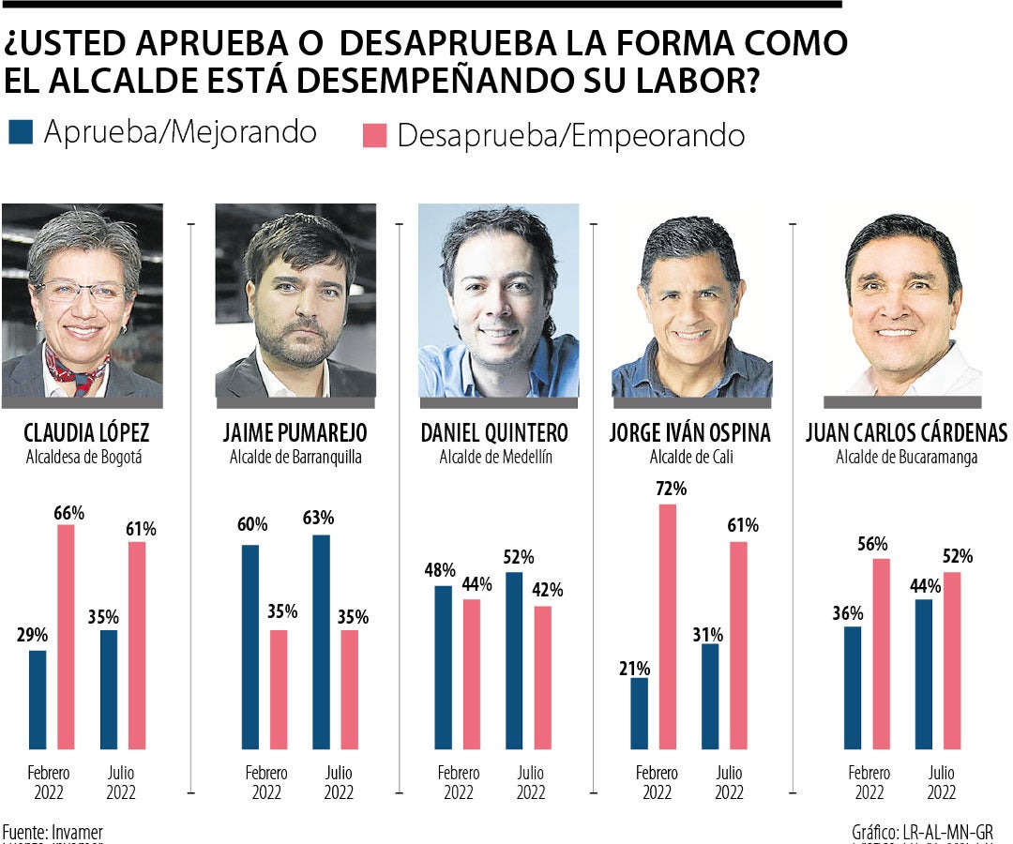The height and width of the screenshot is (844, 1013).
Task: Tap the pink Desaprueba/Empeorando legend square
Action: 374,135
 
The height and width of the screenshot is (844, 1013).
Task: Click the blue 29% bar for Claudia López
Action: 38,699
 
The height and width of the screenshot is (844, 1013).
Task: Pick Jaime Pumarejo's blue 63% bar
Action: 321,641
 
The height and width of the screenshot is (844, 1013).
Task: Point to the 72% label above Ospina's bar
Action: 673,489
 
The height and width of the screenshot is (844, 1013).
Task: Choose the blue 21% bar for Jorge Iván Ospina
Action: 639,713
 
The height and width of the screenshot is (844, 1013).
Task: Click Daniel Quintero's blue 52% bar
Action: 514,660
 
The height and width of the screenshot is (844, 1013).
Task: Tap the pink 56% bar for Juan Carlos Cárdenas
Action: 882,654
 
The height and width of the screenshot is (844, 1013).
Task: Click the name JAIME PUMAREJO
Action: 295,433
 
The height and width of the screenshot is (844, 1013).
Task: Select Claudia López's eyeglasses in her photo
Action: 81,291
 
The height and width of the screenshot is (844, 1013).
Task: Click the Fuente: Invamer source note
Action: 53,832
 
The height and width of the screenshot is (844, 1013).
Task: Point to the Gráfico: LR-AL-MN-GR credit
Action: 922,832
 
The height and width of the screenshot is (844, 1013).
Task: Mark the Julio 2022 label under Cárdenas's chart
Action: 942,783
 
